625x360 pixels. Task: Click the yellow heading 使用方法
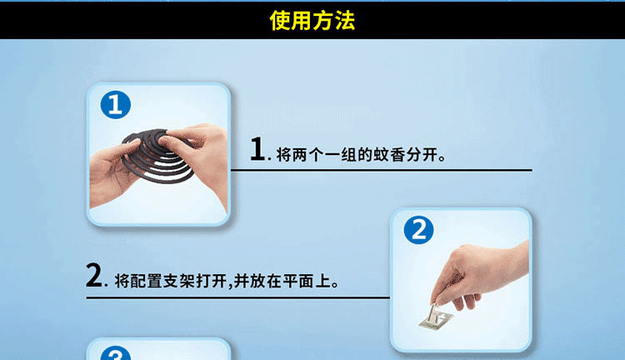pos(312,20)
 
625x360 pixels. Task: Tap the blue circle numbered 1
pos(116,105)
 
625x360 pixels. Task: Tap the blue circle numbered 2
pos(418,230)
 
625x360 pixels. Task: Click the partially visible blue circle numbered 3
pos(116,353)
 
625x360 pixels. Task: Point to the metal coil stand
pos(436,317)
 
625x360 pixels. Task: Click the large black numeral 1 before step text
pos(257,148)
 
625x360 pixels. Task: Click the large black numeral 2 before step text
pos(94,275)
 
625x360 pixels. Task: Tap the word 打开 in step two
pos(212,282)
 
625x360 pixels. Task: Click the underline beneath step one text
pos(382,170)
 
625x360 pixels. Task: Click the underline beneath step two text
pos(238,297)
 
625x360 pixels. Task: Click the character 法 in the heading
pos(345,20)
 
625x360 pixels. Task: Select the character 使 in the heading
pos(280,20)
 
